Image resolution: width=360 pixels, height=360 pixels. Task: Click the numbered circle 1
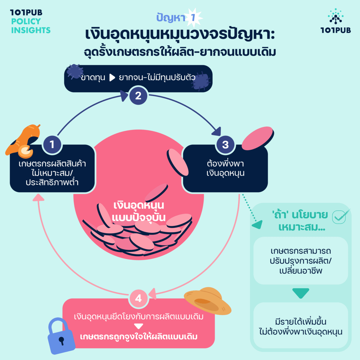pyautogui.click(x=52, y=144)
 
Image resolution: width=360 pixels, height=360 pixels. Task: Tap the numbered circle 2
pyautogui.click(x=138, y=96)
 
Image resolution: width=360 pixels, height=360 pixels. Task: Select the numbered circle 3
pyautogui.click(x=225, y=145)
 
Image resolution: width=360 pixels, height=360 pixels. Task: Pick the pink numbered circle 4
pyautogui.click(x=138, y=298)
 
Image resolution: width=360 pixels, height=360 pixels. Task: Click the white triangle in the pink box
pyautogui.click(x=138, y=326)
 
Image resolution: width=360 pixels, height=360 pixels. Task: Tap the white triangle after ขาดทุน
pyautogui.click(x=112, y=78)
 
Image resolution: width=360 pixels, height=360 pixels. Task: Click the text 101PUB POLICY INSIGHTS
pyautogui.click(x=30, y=21)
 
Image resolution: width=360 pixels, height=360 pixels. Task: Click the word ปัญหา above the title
pyautogui.click(x=171, y=18)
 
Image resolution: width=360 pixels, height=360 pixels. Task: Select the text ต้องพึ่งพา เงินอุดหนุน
pyautogui.click(x=225, y=168)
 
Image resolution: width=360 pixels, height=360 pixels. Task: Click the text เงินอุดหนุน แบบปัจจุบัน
pyautogui.click(x=139, y=211)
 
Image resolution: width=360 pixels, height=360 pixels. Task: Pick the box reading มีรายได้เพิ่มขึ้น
pyautogui.click(x=301, y=326)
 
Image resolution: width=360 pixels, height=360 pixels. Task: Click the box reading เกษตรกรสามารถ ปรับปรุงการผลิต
pyautogui.click(x=301, y=261)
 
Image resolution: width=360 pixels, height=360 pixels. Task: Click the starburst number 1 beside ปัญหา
pyautogui.click(x=193, y=17)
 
